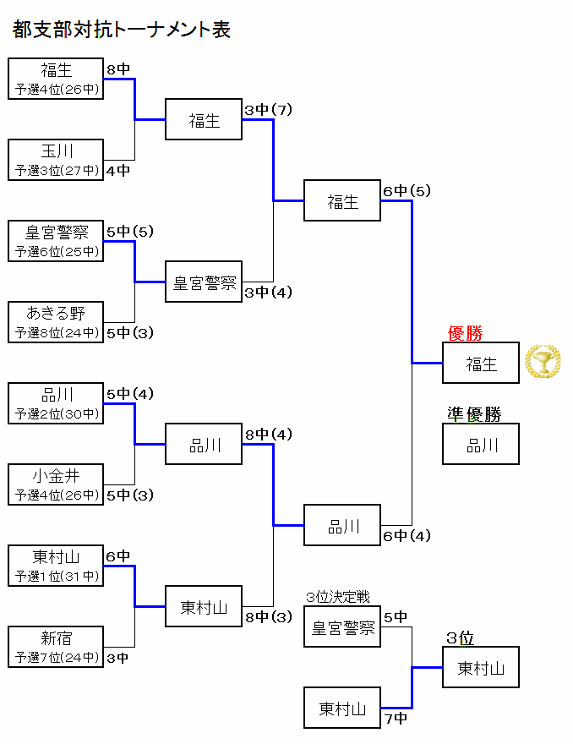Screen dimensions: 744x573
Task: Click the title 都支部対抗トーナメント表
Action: tap(122, 30)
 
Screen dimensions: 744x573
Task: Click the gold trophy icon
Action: tap(543, 363)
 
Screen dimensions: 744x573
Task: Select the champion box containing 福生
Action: tap(481, 364)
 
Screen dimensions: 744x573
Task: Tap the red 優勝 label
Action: tap(465, 334)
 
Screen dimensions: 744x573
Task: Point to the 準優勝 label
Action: tap(474, 414)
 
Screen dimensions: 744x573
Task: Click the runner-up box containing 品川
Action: tap(481, 445)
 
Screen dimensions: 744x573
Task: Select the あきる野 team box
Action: tap(56, 322)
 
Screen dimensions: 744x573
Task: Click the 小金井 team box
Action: tap(56, 484)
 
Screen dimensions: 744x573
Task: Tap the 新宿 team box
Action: tap(56, 647)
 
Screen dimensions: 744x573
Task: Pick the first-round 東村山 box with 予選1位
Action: tap(56, 566)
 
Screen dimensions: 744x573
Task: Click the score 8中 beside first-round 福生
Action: tap(118, 69)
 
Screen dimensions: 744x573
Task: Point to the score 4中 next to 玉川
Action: tap(118, 170)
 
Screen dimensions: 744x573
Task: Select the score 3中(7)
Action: tap(268, 110)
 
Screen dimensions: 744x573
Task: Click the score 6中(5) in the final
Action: tap(407, 191)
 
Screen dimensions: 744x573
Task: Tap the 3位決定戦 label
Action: tap(338, 598)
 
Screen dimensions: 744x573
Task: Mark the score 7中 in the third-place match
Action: tap(395, 719)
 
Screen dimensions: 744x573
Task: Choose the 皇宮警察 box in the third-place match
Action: tap(342, 627)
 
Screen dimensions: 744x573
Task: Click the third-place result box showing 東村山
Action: tap(481, 668)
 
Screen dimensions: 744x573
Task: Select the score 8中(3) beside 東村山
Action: tap(268, 617)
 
